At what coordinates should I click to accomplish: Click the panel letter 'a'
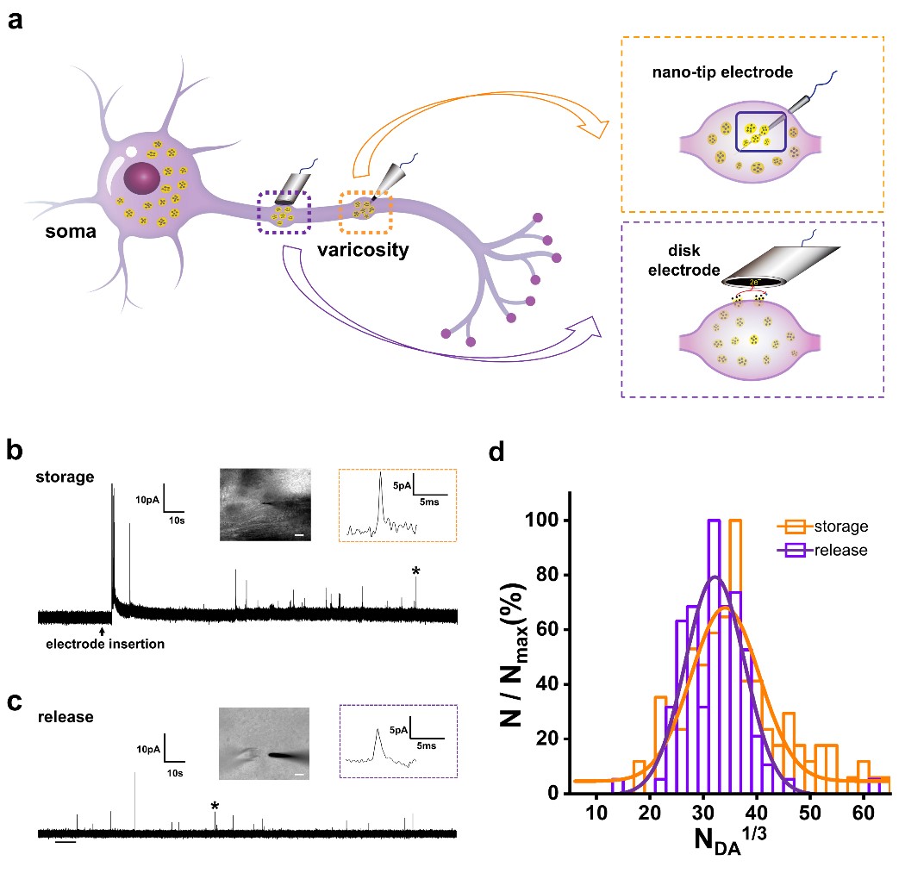point(16,20)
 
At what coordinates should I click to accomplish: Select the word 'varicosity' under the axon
point(365,253)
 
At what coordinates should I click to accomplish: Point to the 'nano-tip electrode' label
point(721,72)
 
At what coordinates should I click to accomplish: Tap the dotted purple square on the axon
point(284,212)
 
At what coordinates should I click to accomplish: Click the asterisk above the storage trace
point(416,571)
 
